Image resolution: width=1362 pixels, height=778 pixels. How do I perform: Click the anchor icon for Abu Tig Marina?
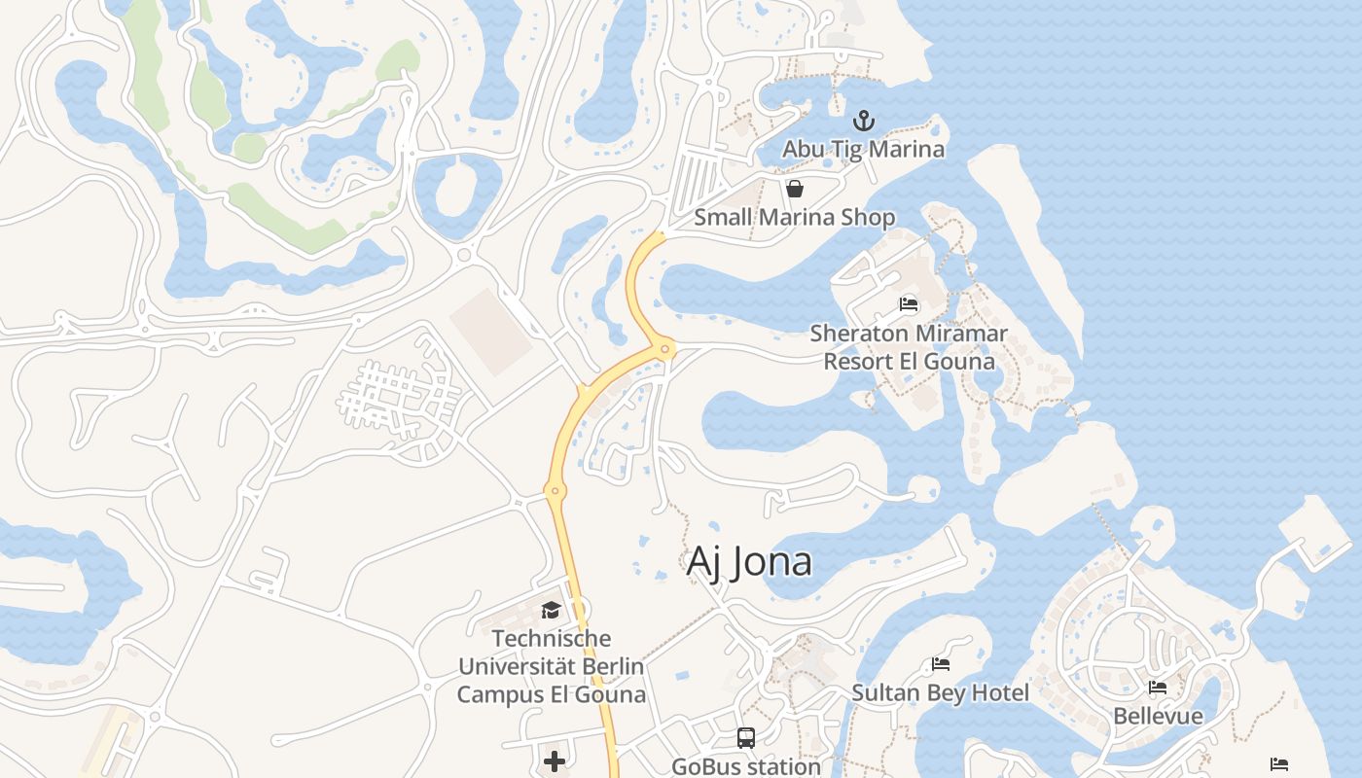pyautogui.click(x=864, y=122)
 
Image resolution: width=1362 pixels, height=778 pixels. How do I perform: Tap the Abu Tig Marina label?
pyautogui.click(x=864, y=149)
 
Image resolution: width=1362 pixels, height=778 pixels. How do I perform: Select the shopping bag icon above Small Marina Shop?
pyautogui.click(x=795, y=189)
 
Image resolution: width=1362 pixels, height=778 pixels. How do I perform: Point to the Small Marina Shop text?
pyautogui.click(x=794, y=217)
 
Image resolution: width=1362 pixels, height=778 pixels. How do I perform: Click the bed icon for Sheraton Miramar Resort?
pyautogui.click(x=909, y=304)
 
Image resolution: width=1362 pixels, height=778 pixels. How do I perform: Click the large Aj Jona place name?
pyautogui.click(x=749, y=562)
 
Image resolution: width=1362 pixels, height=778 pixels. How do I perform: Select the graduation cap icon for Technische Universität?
pyautogui.click(x=552, y=611)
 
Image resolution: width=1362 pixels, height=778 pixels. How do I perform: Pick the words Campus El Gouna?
pyautogui.click(x=552, y=694)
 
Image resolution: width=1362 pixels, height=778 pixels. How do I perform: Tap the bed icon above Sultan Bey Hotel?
pyautogui.click(x=941, y=665)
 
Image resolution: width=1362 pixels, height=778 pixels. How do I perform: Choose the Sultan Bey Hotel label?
pyautogui.click(x=940, y=692)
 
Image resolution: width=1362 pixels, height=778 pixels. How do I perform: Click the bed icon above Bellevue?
pyautogui.click(x=1158, y=688)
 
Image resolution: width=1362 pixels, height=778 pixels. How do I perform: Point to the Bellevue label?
pyautogui.click(x=1158, y=717)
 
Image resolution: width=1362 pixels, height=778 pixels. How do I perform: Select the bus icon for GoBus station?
pyautogui.click(x=746, y=738)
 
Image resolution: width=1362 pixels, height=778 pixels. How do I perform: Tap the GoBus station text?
pyautogui.click(x=746, y=766)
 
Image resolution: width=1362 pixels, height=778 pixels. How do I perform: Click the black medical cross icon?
pyautogui.click(x=555, y=760)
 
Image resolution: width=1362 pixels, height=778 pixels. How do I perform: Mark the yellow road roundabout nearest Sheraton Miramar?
pyautogui.click(x=665, y=348)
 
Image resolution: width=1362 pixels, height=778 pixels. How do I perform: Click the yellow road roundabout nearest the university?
pyautogui.click(x=556, y=491)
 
